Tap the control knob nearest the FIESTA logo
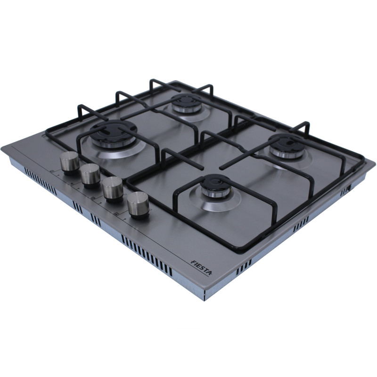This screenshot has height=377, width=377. tap(138, 205)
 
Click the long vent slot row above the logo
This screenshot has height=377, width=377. tap(147, 254)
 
